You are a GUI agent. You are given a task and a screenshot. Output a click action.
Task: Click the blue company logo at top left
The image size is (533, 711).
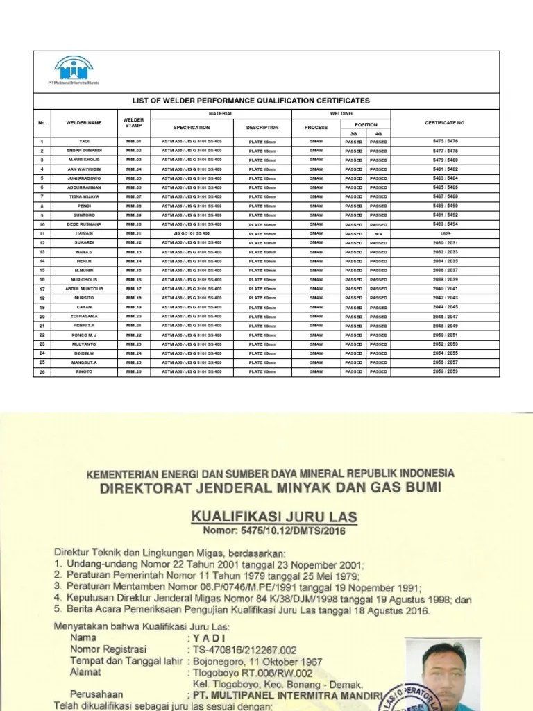point(74,69)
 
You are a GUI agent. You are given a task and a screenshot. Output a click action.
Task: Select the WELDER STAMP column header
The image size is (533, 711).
point(133,123)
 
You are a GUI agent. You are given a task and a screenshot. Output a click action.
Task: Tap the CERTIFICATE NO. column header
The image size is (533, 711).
point(445,123)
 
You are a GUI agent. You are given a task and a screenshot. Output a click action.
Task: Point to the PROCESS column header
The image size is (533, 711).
point(316,128)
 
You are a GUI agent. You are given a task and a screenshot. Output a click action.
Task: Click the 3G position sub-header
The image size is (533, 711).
point(353,133)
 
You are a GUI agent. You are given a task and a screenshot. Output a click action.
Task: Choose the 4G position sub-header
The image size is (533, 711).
point(378,133)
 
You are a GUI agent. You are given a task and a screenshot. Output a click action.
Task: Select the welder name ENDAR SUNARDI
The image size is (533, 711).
point(84,151)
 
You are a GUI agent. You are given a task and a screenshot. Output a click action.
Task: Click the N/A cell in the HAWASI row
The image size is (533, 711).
point(379,234)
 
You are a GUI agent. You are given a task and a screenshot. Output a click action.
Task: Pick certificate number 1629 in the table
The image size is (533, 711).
point(445,234)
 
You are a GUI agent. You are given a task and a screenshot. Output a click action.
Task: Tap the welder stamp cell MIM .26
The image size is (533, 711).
point(133,371)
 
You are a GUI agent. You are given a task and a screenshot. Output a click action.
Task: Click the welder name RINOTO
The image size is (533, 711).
point(84,371)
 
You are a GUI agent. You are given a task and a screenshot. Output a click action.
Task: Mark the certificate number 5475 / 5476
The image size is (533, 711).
point(445,142)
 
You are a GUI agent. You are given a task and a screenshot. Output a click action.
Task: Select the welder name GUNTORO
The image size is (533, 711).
point(84,215)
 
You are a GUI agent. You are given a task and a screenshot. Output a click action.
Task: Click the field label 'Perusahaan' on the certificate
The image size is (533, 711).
point(96,694)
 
